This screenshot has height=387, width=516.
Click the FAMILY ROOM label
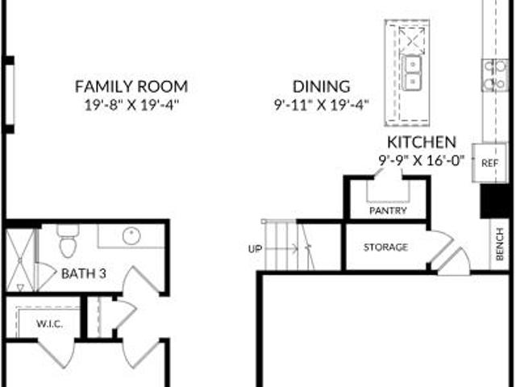coord(131,86)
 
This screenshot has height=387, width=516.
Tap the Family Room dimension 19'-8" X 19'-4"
coord(131,106)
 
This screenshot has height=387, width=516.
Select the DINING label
coord(322,86)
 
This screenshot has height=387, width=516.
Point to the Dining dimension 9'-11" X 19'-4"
coord(322,106)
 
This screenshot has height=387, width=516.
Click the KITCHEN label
coord(422,142)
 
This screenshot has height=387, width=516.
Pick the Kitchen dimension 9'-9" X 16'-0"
coord(422,160)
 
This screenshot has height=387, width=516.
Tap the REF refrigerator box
coord(489,163)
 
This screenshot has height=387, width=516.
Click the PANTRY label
coord(388,210)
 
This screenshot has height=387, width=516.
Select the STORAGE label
coord(385,248)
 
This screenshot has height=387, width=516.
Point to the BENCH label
coord(500,243)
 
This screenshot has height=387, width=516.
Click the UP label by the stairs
coord(255,249)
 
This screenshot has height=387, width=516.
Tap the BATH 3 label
coord(84,273)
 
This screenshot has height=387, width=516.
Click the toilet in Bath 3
coord(68,240)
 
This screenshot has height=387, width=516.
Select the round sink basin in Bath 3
coord(131,235)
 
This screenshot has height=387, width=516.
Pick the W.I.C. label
coord(50,324)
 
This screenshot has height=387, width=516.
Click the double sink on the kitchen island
coord(411,73)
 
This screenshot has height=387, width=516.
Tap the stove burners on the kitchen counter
coord(495,75)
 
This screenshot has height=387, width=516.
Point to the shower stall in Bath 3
coord(20,260)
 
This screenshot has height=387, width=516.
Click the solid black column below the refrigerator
coord(495,201)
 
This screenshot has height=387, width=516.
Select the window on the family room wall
coord(9,95)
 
